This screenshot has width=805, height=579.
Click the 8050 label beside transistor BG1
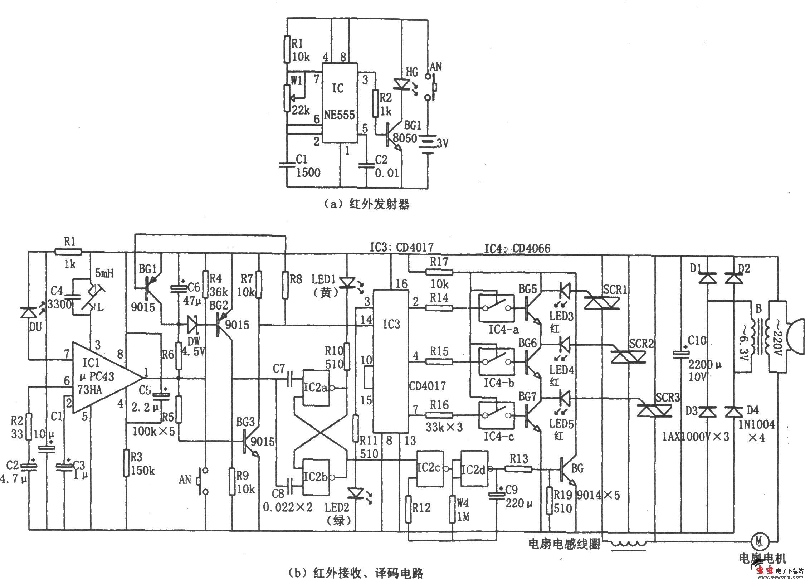[405, 138]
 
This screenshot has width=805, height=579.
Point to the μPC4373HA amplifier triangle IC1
[104, 378]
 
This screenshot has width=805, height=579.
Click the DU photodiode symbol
[29, 313]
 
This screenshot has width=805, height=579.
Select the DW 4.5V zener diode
[193, 325]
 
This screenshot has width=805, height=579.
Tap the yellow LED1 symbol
[347, 283]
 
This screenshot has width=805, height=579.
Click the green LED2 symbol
[356, 493]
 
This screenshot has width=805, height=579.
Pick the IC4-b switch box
[497, 362]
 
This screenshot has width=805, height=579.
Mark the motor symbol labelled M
[758, 540]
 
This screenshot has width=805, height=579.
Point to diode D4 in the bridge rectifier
[734, 412]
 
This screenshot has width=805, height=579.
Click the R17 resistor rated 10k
[439, 272]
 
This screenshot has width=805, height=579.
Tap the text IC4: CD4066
[517, 248]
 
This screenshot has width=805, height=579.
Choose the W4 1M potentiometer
[452, 509]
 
